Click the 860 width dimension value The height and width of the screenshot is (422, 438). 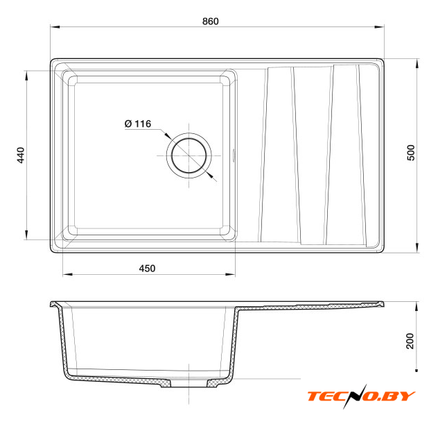[x=211, y=22]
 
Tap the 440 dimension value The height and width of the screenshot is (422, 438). [x=21, y=155]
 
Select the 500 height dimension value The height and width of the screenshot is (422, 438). [x=411, y=153]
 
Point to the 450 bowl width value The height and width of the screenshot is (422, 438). [x=147, y=269]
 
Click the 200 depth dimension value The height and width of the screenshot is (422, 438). [x=410, y=341]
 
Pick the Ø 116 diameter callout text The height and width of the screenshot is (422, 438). [x=138, y=124]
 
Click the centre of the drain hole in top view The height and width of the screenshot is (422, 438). [x=189, y=155]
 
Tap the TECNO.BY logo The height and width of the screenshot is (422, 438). [x=361, y=396]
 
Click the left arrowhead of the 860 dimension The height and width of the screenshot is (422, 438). [x=55, y=27]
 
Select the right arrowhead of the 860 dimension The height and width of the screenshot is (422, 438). [x=379, y=27]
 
